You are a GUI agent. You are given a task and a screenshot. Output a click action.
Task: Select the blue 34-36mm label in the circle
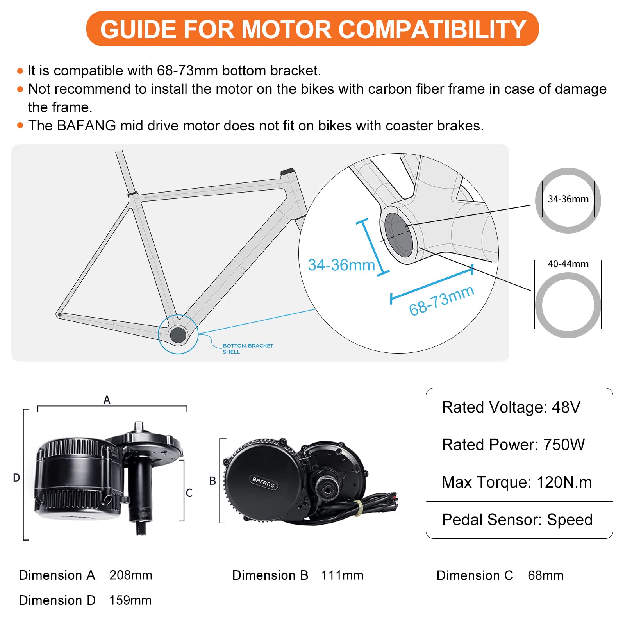point(341,265)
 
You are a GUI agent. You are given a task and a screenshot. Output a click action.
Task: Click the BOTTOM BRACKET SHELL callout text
point(247,348)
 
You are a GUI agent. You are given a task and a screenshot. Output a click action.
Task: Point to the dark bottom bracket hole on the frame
point(178,335)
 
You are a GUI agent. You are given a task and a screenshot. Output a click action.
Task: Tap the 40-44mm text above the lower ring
point(568,264)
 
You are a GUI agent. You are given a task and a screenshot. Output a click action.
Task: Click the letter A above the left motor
point(107,400)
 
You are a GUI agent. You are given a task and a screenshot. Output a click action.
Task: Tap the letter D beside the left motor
point(16,478)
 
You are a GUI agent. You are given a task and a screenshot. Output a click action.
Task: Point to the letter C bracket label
point(189,493)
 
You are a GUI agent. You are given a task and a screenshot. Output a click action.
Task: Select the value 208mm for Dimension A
point(131,575)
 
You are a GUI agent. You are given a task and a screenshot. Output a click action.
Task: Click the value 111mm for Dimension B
point(342,575)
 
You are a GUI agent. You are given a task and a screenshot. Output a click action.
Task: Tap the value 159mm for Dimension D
point(130,600)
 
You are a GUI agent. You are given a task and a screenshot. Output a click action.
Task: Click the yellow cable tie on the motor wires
point(359,507)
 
